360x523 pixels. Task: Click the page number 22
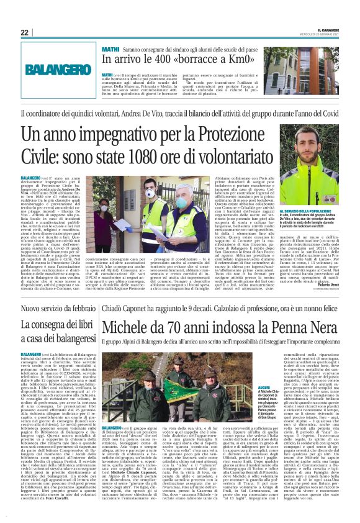click(24, 32)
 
